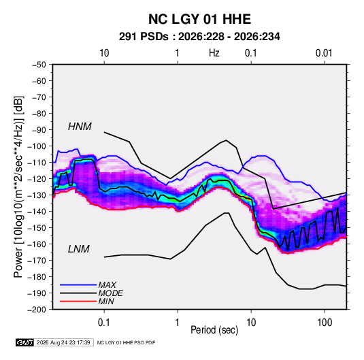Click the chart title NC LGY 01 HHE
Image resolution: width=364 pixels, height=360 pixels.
point(199,19)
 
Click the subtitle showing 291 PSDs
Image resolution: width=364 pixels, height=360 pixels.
point(199,37)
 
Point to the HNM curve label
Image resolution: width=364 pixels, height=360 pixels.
point(80,127)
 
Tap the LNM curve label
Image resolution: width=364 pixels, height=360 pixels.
point(79,249)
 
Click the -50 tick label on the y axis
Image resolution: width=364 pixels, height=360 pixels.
point(39,65)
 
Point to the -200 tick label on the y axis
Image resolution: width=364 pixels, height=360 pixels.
point(37,310)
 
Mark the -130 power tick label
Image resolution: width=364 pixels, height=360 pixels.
point(37,195)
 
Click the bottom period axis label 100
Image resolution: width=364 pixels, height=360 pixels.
point(325,323)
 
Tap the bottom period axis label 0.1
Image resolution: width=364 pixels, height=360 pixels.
point(104,323)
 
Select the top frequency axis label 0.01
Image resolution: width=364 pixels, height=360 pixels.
point(324,53)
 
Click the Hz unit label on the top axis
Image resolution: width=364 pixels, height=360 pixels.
point(214,53)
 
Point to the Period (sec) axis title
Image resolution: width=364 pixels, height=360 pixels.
point(214,330)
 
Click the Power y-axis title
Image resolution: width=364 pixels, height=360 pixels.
point(18,187)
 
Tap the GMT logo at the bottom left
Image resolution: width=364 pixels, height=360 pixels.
point(25,342)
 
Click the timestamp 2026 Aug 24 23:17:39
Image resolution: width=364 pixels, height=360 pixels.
point(63,342)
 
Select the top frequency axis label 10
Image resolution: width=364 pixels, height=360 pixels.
point(104,53)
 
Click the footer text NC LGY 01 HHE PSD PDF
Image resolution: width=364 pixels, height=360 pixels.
point(126,342)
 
